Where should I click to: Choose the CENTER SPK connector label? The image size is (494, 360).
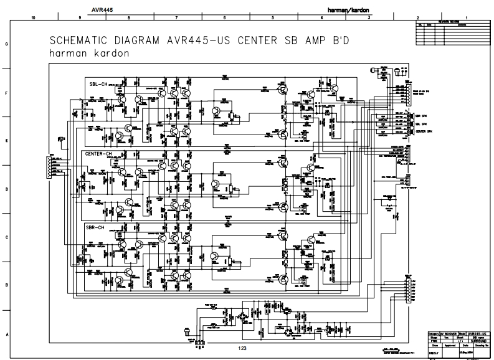[422, 131]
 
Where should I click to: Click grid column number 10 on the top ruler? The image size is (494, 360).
[32, 19]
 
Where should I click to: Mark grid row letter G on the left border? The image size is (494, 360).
[6, 45]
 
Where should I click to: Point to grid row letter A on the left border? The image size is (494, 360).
[6, 333]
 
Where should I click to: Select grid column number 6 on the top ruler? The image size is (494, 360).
[224, 19]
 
